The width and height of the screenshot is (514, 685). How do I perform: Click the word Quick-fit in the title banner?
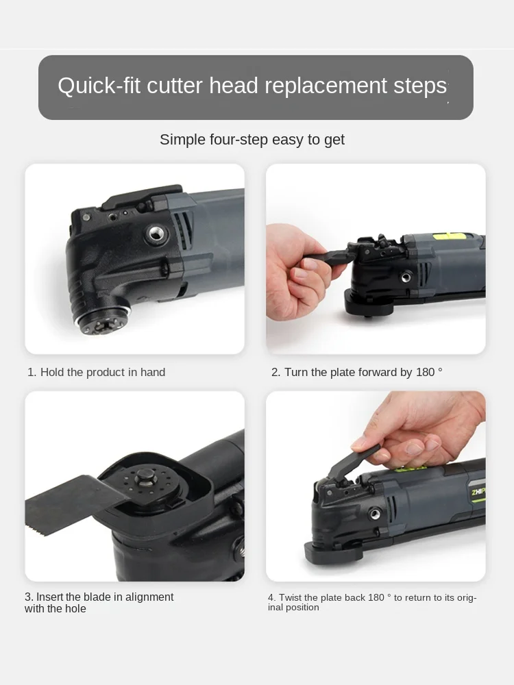[x=99, y=86]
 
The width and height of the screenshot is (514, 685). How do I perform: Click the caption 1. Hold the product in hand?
[x=97, y=372]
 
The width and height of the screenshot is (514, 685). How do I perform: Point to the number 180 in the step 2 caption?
[x=425, y=372]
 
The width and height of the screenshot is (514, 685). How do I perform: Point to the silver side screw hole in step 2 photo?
[x=406, y=276]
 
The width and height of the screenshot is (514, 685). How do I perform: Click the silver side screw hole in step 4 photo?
[x=375, y=514]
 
